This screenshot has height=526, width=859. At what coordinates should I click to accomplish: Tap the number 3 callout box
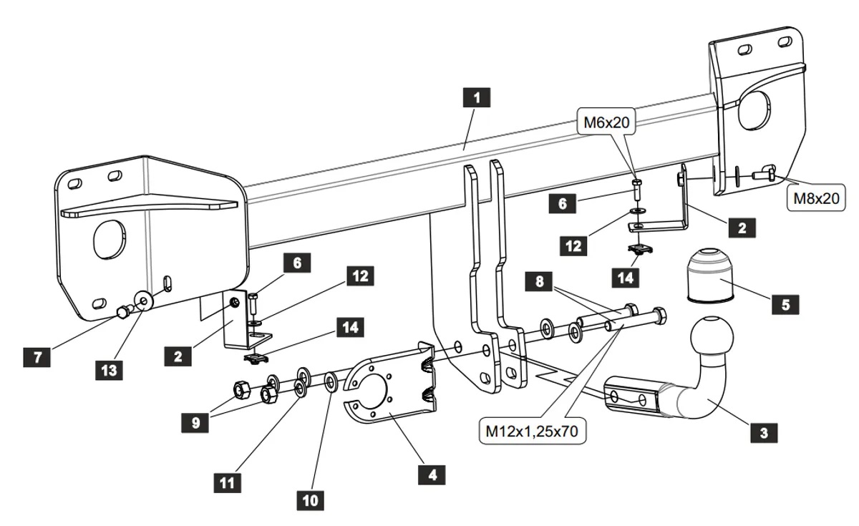pyautogui.click(x=764, y=432)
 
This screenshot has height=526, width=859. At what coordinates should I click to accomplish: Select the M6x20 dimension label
pyautogui.click(x=605, y=122)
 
